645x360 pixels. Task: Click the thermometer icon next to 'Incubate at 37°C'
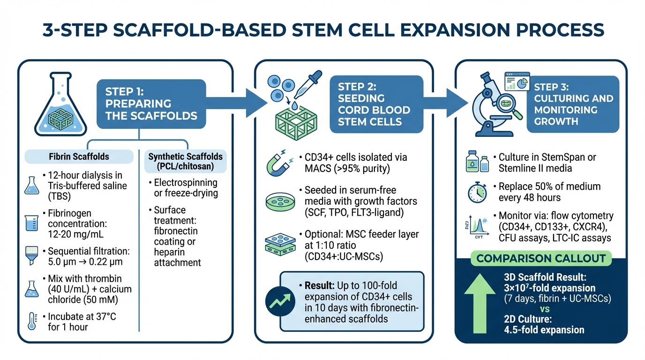coord(31,322)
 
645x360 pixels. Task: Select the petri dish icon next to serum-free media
coord(278,201)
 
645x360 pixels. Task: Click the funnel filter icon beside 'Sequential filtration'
coord(31,255)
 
